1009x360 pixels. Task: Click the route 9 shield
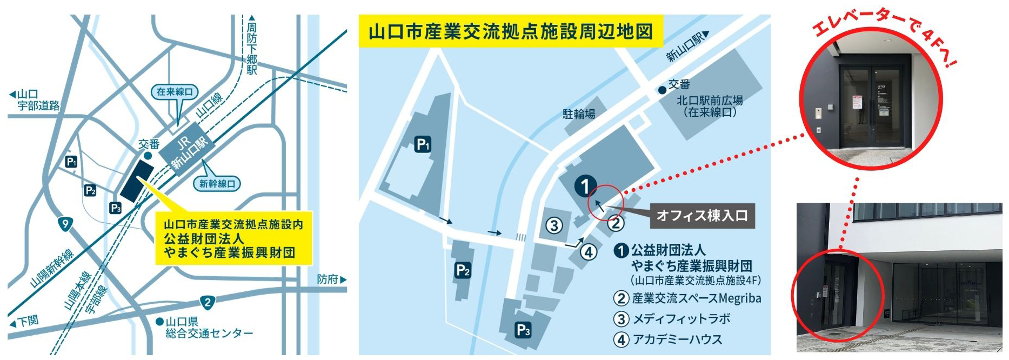65,224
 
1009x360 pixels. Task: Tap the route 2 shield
208,302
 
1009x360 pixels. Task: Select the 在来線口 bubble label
174,92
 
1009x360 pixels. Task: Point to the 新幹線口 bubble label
217,184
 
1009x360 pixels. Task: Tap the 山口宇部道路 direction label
36,100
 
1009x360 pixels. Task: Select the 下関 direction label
25,322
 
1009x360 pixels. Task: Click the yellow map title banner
510,32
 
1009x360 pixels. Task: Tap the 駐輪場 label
579,114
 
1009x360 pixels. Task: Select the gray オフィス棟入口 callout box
702,216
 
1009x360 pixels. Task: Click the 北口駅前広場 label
710,106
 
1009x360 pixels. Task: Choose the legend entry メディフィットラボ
681,319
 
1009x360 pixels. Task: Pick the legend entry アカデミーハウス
677,339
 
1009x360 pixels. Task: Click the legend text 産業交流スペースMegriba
696,298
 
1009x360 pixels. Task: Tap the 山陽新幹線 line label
51,268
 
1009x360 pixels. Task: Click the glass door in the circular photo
871,106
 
